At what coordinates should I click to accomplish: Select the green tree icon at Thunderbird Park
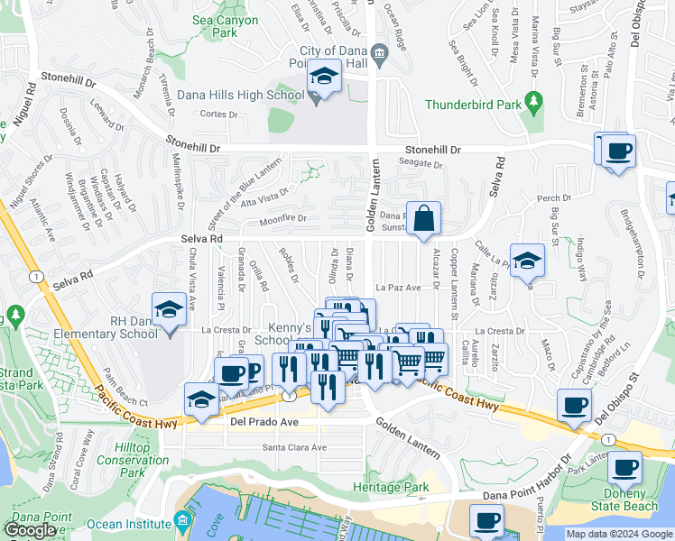click(x=534, y=105)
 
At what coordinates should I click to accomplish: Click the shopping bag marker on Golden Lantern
click(x=422, y=218)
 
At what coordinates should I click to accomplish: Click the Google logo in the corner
click(x=30, y=530)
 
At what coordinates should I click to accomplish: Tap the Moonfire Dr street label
click(x=282, y=218)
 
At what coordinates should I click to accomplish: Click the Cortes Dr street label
click(x=217, y=115)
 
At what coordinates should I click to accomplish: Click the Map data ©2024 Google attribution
click(x=619, y=534)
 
